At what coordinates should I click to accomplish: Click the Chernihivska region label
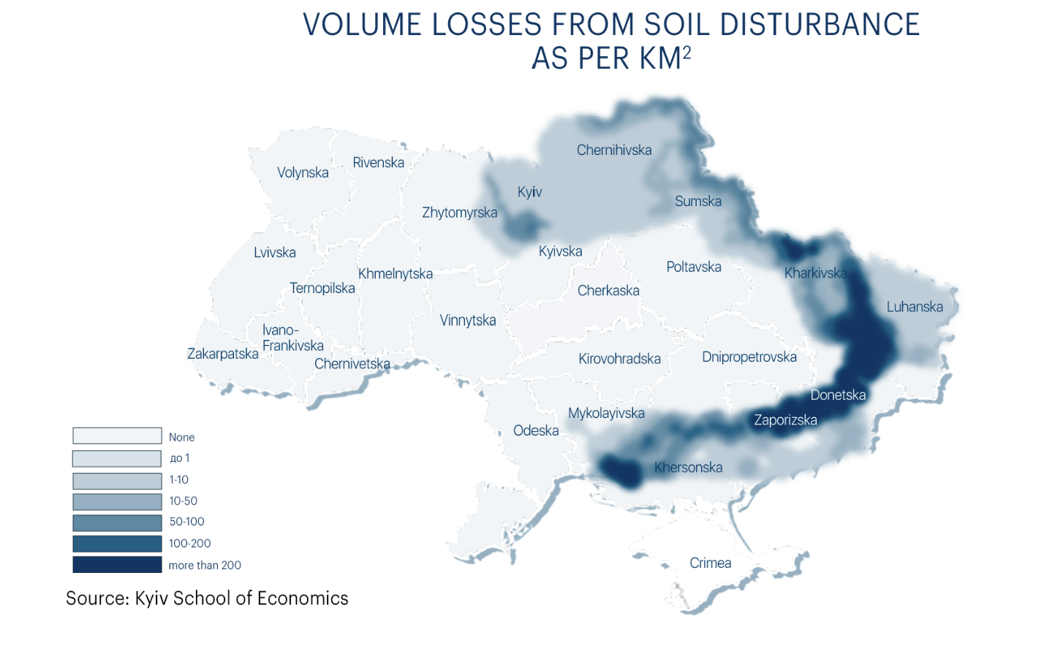pyautogui.click(x=613, y=150)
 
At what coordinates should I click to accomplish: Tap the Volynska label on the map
pyautogui.click(x=303, y=172)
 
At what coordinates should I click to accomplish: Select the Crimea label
pyautogui.click(x=710, y=563)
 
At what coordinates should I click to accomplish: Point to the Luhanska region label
pyautogui.click(x=914, y=307)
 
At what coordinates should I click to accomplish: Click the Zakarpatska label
pyautogui.click(x=222, y=354)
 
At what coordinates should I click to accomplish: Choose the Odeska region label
pyautogui.click(x=535, y=430)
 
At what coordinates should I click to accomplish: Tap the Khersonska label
pyautogui.click(x=688, y=468)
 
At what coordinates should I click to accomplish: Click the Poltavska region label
pyautogui.click(x=693, y=267)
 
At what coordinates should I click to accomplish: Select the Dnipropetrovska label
pyautogui.click(x=749, y=357)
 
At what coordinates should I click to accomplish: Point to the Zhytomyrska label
pyautogui.click(x=459, y=213)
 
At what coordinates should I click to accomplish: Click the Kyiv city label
pyautogui.click(x=529, y=191)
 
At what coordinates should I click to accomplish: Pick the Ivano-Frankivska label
pyautogui.click(x=292, y=338)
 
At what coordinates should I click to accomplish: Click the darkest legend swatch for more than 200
pyautogui.click(x=117, y=565)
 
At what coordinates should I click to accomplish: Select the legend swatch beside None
pyautogui.click(x=117, y=436)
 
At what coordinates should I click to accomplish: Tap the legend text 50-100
pyautogui.click(x=186, y=522)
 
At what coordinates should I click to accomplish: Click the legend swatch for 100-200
pyautogui.click(x=117, y=544)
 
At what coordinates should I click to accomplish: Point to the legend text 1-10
pyautogui.click(x=178, y=479)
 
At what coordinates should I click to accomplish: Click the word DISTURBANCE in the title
pyautogui.click(x=820, y=24)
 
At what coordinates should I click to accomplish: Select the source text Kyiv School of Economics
pyautogui.click(x=241, y=598)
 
